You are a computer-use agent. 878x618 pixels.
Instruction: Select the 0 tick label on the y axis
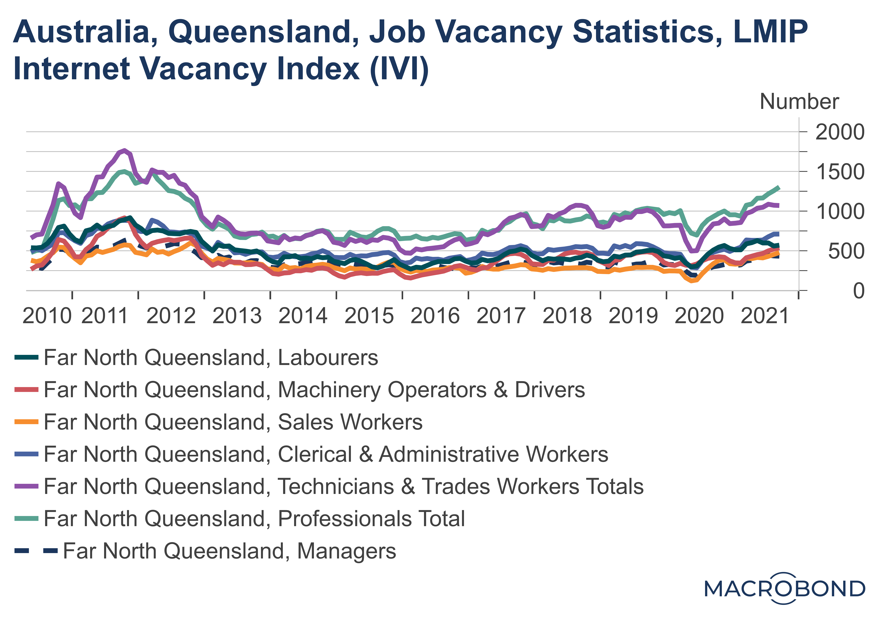(x=859, y=291)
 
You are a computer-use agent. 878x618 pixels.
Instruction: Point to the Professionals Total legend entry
(x=254, y=519)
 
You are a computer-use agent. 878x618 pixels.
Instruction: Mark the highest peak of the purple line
(x=124, y=150)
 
